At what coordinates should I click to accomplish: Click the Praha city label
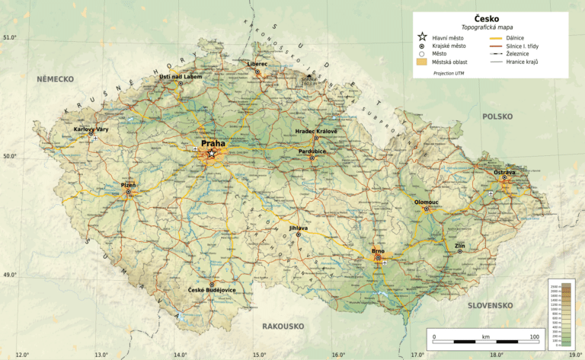[x=213, y=143]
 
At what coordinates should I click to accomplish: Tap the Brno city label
[x=378, y=251]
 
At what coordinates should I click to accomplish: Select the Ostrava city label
[x=504, y=173]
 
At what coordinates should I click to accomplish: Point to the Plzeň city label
[x=128, y=185]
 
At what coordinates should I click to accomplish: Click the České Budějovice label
[x=212, y=291]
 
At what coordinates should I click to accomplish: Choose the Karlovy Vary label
[x=91, y=129]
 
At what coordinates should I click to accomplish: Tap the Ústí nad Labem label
[x=180, y=78]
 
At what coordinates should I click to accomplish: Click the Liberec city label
[x=257, y=64]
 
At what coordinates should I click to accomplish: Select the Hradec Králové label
[x=316, y=132]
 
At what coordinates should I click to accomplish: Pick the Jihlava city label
[x=299, y=228]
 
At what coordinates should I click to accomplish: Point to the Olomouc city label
[x=427, y=202]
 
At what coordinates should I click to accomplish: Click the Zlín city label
[x=459, y=247]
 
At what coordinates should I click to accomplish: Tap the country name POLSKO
[x=498, y=116]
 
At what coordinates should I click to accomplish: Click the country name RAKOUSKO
[x=283, y=327]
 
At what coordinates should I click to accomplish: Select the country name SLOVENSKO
[x=491, y=305]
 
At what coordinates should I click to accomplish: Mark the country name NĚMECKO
[x=54, y=79]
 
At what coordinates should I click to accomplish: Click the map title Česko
[x=486, y=18]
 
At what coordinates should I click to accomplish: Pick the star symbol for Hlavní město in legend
[x=421, y=37]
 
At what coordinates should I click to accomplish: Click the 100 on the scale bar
[x=534, y=336]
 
